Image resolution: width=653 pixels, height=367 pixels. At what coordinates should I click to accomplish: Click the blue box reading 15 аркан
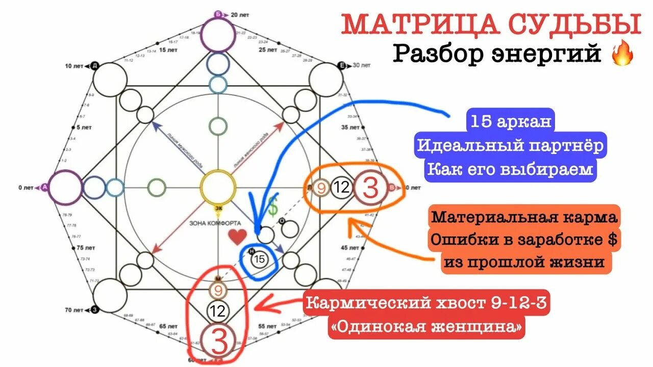coord(510,123)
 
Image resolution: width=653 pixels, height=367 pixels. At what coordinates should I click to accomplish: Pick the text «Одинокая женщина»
coord(426,327)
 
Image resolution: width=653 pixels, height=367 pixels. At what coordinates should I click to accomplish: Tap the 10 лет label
coord(75,66)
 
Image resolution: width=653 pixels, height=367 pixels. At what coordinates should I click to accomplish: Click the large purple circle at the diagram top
coord(217,34)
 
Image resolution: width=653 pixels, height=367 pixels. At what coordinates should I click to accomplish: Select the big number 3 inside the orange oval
coord(370,188)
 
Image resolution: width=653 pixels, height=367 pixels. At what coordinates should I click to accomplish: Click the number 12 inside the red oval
coord(218,311)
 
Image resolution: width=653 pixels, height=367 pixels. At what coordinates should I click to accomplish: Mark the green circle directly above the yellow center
coord(218,126)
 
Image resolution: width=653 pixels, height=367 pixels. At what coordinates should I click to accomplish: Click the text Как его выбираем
coord(510,169)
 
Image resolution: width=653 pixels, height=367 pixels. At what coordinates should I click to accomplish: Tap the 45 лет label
coord(349,248)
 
